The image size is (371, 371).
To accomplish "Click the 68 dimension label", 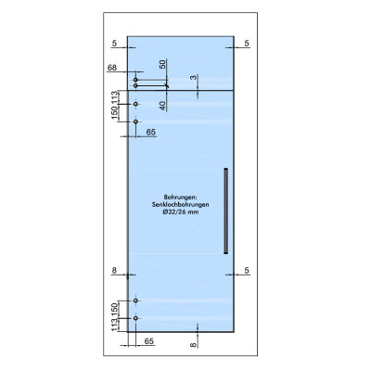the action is pyautogui.click(x=112, y=68).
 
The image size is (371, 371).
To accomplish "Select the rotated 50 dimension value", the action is pyautogui.click(x=162, y=64).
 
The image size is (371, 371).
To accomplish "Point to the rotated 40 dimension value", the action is pyautogui.click(x=162, y=106).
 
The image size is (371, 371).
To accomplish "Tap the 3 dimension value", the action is pyautogui.click(x=193, y=77).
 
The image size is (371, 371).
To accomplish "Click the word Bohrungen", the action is pyautogui.click(x=180, y=197).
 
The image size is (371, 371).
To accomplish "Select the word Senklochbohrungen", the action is pyautogui.click(x=180, y=204).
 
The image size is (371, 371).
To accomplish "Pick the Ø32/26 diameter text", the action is pyautogui.click(x=181, y=212).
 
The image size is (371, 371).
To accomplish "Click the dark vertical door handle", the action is pyautogui.click(x=226, y=211).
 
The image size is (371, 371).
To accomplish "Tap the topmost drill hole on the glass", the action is pyautogui.click(x=135, y=80).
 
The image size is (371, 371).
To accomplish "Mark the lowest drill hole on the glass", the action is pyautogui.click(x=135, y=318).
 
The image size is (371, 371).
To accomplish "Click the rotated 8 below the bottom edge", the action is pyautogui.click(x=193, y=345).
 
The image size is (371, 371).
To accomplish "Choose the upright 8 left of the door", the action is pyautogui.click(x=114, y=271).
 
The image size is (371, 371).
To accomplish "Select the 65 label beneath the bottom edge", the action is pyautogui.click(x=149, y=341).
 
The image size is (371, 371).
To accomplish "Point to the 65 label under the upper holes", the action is pyautogui.click(x=151, y=133).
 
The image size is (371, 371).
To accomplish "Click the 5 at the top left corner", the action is pyautogui.click(x=114, y=44).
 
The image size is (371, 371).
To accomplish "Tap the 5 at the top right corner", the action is pyautogui.click(x=247, y=44).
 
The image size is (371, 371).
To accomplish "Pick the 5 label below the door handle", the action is pyautogui.click(x=247, y=271).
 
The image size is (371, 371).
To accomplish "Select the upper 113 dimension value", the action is pyautogui.click(x=115, y=97).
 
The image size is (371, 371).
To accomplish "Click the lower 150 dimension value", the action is pyautogui.click(x=115, y=310).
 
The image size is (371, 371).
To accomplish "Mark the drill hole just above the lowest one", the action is pyautogui.click(x=135, y=301).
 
